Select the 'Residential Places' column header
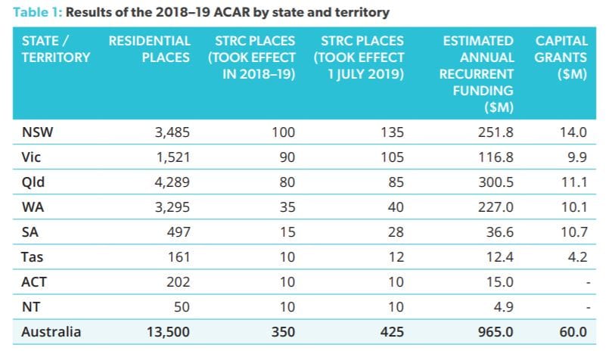click(149, 48)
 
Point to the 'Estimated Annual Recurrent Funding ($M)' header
click(477, 74)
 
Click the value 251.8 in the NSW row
click(498, 132)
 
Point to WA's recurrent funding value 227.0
click(498, 209)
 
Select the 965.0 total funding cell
click(497, 331)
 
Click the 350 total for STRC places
click(283, 331)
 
